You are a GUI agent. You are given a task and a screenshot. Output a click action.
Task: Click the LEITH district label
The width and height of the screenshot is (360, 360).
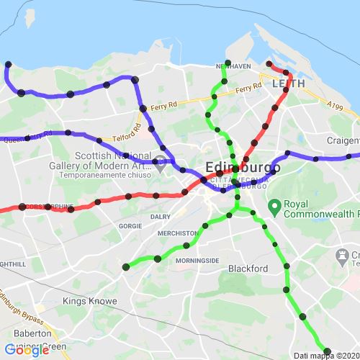pyautogui.click(x=289, y=84)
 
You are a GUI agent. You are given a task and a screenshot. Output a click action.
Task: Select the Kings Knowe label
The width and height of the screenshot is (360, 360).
pyautogui.click(x=85, y=301)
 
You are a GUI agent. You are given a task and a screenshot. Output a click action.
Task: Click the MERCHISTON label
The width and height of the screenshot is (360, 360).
pyautogui.click(x=180, y=233)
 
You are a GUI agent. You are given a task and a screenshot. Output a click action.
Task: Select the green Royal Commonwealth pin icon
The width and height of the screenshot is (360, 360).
pyautogui.click(x=274, y=207)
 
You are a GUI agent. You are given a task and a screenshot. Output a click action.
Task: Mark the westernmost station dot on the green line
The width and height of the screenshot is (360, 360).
pyautogui.click(x=126, y=267)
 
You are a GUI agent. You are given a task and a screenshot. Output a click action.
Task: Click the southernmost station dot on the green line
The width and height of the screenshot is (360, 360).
pyautogui.click(x=328, y=351)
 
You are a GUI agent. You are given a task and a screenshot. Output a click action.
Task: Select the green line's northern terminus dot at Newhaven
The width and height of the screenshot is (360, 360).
pyautogui.click(x=228, y=63)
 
